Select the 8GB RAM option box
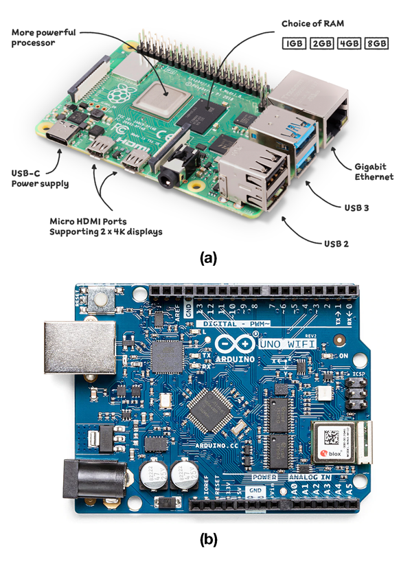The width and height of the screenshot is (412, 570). (x=376, y=43)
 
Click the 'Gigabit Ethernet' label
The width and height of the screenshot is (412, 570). (x=374, y=172)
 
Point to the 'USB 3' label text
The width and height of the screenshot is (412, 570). (x=356, y=205)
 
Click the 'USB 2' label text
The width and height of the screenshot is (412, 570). (x=337, y=242)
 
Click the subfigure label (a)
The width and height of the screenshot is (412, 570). (x=207, y=259)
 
